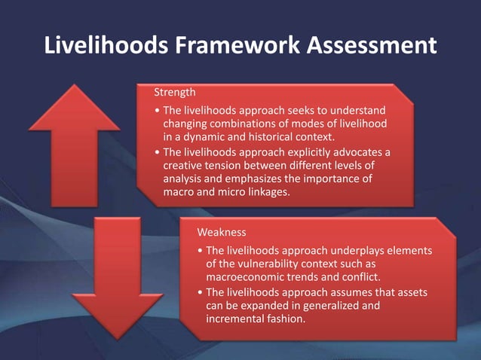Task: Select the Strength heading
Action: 175,93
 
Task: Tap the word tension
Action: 232,165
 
